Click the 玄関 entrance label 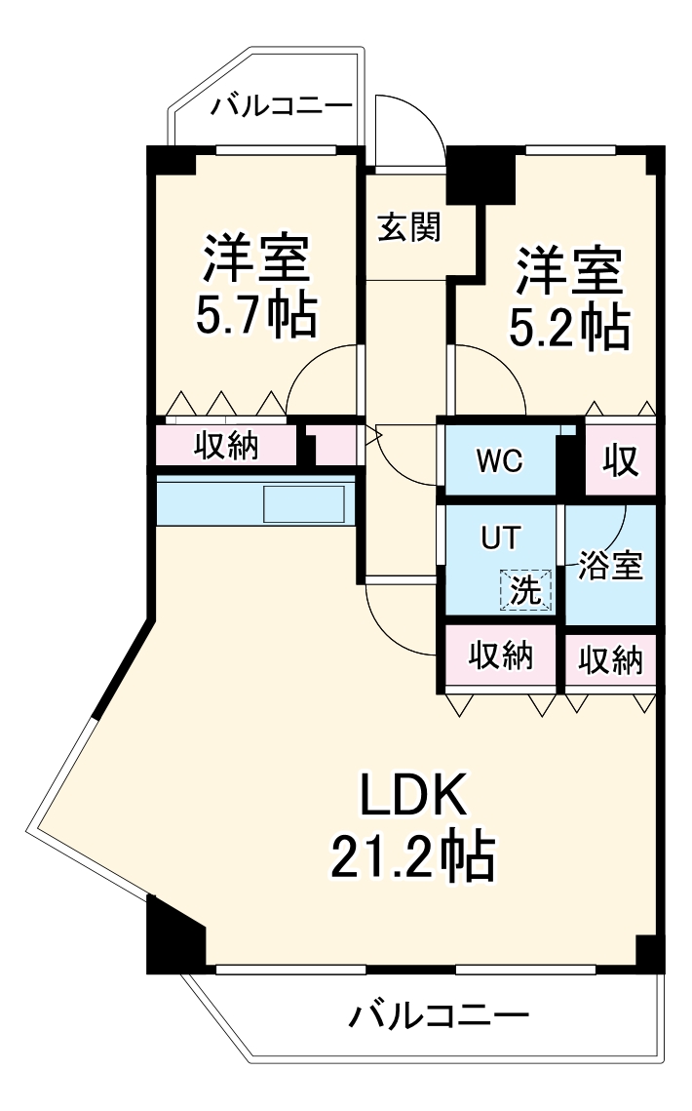[410, 227]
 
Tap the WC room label [500, 460]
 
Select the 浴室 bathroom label [611, 567]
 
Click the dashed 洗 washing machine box [526, 589]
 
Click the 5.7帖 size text [257, 314]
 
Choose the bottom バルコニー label [439, 1017]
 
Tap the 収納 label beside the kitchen [225, 446]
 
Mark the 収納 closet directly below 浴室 [611, 660]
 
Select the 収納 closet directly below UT [502, 656]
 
